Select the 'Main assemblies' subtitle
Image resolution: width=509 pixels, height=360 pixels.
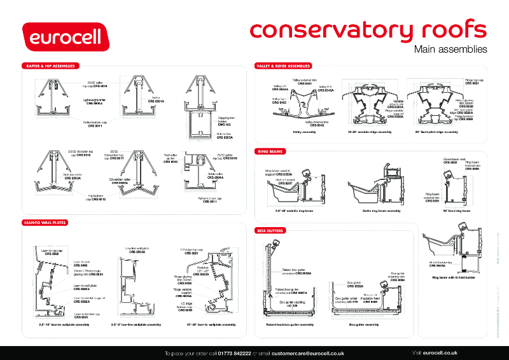point(450,49)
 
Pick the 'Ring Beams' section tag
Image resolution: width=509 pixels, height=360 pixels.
point(270,152)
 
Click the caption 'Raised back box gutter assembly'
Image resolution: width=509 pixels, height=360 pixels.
point(289,324)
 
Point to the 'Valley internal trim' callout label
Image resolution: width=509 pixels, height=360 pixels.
point(316,123)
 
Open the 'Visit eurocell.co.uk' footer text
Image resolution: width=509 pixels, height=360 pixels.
point(435,352)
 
